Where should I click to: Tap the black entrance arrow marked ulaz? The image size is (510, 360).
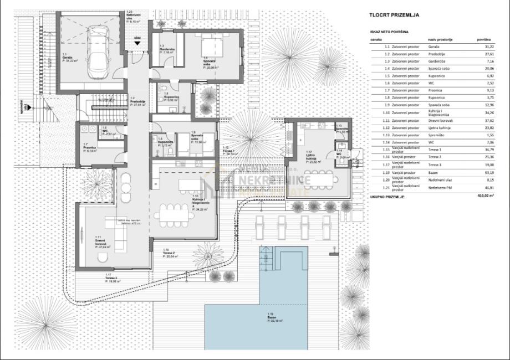(137, 42)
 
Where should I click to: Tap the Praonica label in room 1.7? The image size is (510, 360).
(90, 148)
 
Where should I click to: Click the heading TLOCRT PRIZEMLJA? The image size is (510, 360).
(394, 16)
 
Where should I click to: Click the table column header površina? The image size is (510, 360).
(484, 40)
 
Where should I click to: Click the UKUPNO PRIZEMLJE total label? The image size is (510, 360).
(387, 197)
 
